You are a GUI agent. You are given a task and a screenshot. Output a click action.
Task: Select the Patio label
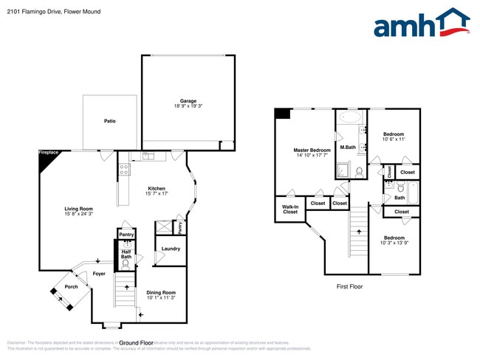109,121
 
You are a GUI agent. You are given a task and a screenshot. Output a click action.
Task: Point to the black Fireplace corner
47,159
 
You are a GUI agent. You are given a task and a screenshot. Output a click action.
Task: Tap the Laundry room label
171,249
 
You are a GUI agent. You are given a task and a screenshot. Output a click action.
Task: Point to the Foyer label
99,274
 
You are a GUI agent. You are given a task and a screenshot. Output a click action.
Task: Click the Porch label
71,287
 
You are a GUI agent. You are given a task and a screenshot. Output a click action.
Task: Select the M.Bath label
348,148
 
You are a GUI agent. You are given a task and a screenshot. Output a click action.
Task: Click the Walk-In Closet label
290,210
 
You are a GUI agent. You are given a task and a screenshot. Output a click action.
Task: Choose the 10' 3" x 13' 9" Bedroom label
394,240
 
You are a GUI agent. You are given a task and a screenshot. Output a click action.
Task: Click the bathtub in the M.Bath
350,118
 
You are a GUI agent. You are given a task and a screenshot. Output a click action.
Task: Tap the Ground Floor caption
136,343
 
